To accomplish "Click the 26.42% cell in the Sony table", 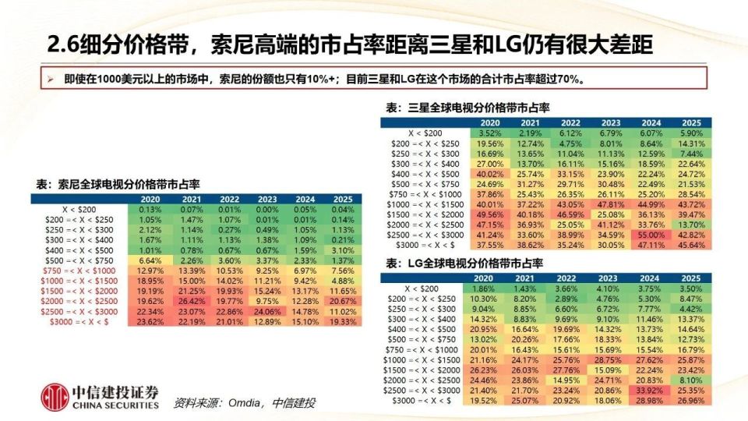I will (192, 301).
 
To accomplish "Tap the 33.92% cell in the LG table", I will (651, 389).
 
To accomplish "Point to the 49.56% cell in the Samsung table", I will (489, 214).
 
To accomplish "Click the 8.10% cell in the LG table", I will (690, 379).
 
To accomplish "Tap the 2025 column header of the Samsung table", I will (690, 122).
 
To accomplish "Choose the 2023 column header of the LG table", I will (610, 278).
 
